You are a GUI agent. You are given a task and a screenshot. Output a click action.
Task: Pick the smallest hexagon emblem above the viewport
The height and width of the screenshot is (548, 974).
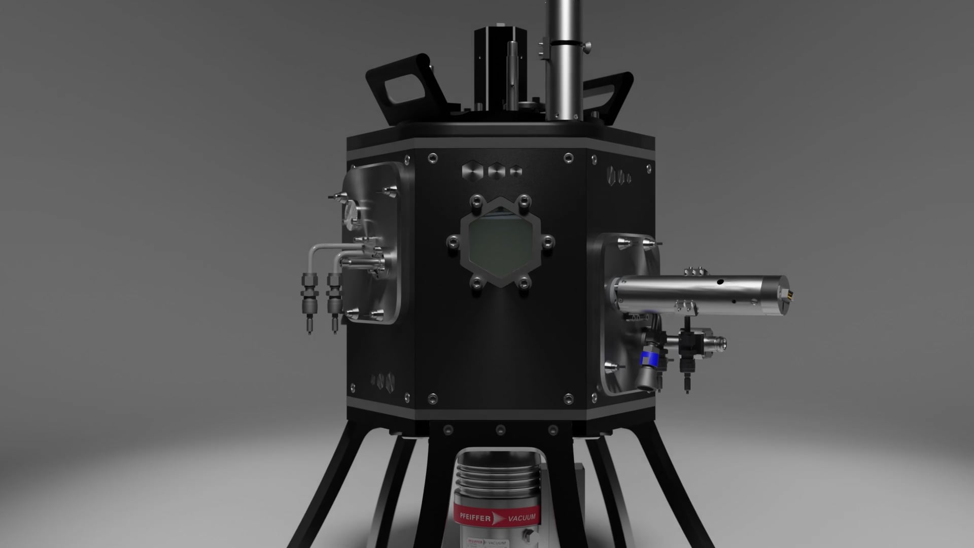516,172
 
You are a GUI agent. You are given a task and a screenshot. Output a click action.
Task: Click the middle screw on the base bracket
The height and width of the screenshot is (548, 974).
500,429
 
